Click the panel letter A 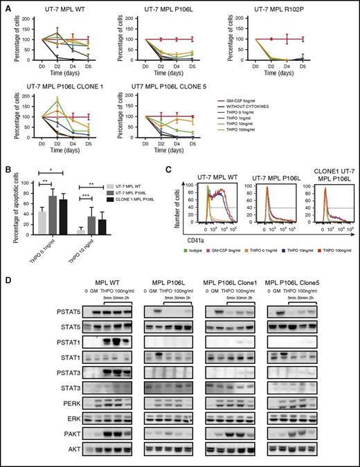coord(6,6)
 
